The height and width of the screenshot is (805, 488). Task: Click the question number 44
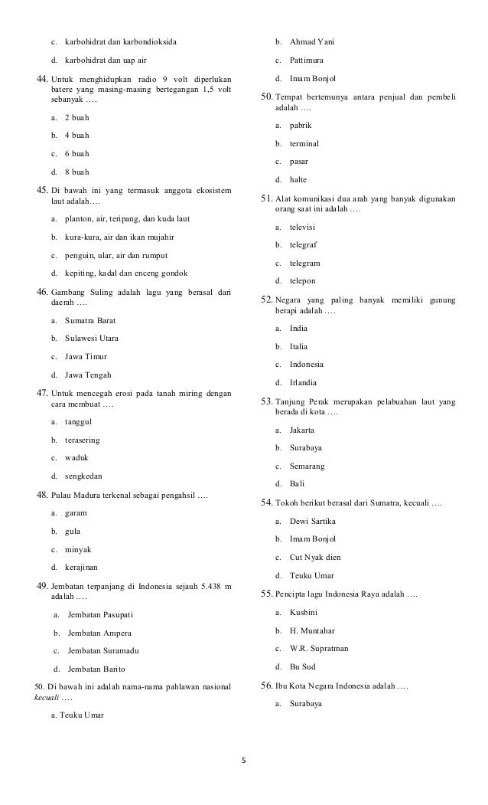(42, 79)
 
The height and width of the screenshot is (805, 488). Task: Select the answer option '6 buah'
(77, 153)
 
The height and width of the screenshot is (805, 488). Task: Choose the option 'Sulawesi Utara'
(92, 338)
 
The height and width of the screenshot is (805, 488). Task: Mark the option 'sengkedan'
(83, 476)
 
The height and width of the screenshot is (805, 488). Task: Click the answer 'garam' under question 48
(76, 512)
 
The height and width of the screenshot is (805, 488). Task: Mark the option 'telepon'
(303, 281)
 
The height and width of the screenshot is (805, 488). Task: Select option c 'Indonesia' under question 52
(307, 364)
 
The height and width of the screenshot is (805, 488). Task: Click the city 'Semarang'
(307, 465)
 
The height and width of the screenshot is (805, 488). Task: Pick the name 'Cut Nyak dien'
(315, 557)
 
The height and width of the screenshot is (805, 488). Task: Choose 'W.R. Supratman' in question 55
(319, 648)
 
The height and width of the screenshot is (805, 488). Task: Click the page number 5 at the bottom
(244, 761)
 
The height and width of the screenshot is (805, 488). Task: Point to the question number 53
(267, 401)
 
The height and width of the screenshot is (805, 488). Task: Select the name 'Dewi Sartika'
(313, 521)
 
